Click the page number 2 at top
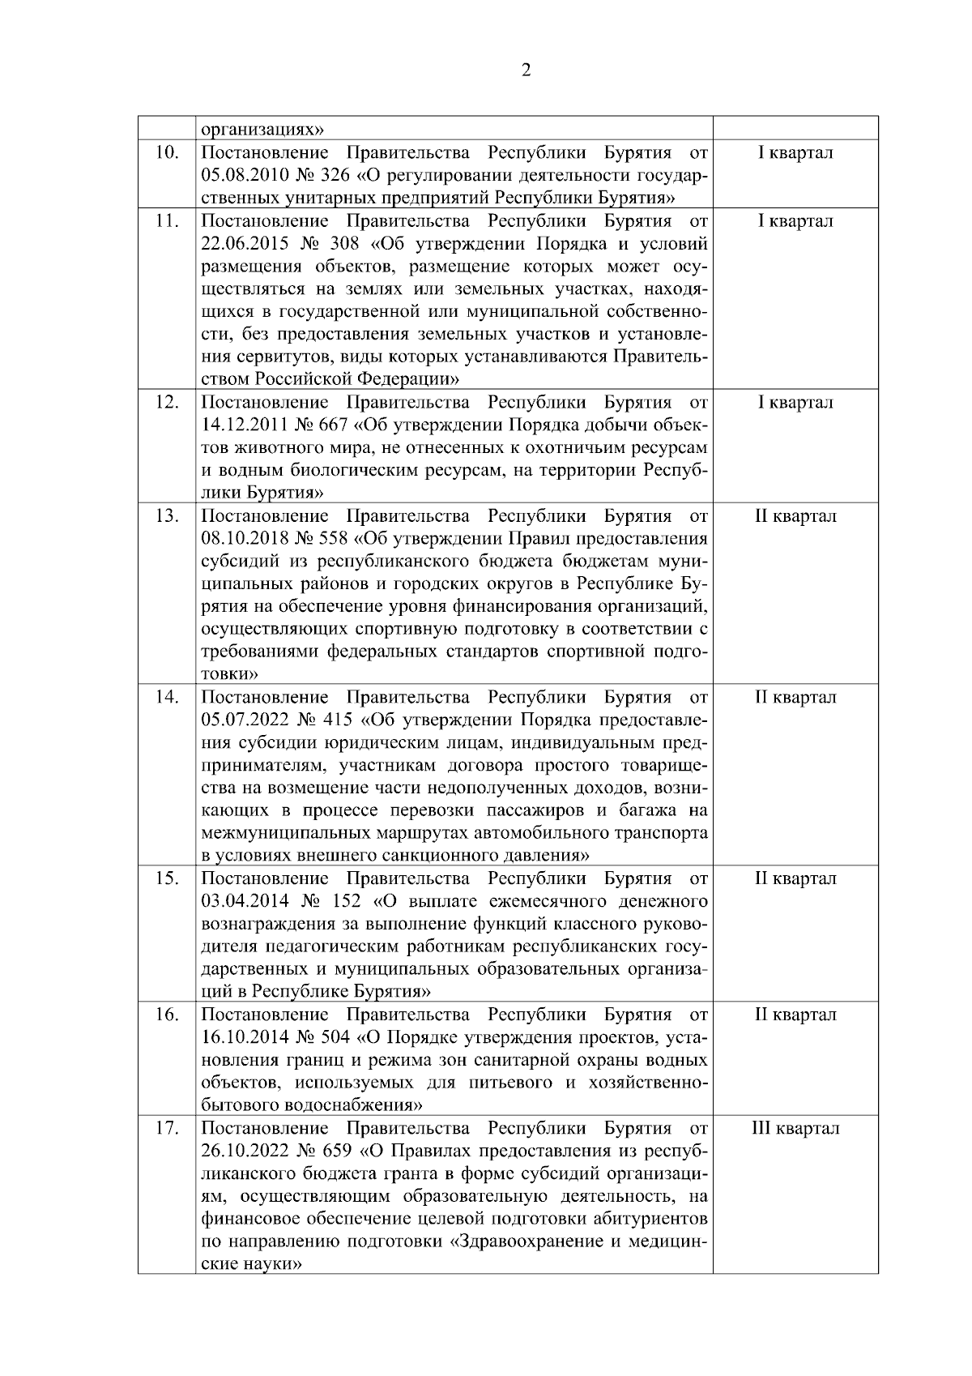[526, 71]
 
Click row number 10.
[166, 153]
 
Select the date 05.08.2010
[240, 176]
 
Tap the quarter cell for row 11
[795, 221]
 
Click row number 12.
[166, 403]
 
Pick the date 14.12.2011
[239, 425]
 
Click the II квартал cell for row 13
[795, 516]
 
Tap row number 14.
[166, 698]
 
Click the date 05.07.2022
[240, 720]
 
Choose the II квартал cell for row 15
[795, 879]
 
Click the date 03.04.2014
[240, 902]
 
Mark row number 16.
[166, 1015]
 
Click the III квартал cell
[795, 1129]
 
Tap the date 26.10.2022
[240, 1152]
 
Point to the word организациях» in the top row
[262, 130]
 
